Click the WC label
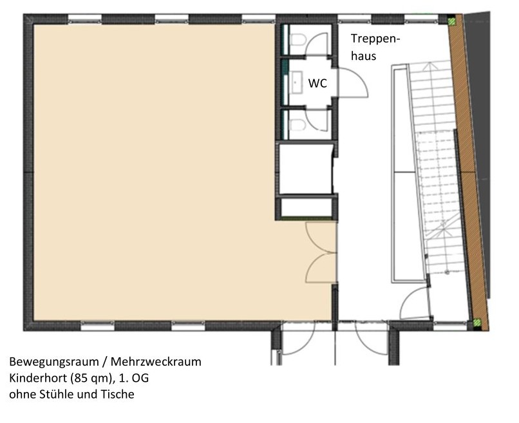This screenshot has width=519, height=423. coord(317,83)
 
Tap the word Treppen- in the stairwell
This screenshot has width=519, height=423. coord(375,39)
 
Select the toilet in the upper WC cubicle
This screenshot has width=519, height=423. coord(297,40)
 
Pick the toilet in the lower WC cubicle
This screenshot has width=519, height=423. coord(297,125)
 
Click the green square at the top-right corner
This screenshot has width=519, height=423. coord(452,21)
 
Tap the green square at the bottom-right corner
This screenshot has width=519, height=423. coord(477,321)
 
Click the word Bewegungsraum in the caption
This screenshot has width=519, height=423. coord(54,362)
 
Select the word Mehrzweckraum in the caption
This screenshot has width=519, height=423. coord(156,361)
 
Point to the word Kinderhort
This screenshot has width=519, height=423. coord(38,378)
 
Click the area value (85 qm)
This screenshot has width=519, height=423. coord(93,379)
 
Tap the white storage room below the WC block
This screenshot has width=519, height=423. coord(305,169)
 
